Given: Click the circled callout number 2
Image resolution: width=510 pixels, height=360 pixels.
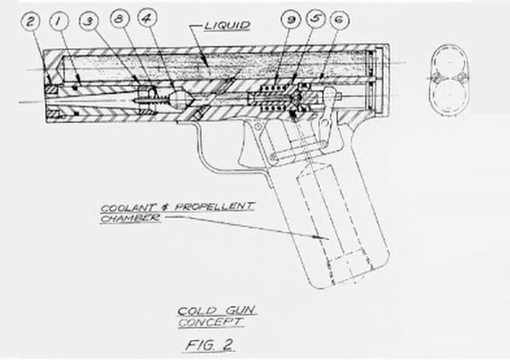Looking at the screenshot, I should point(32,21).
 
